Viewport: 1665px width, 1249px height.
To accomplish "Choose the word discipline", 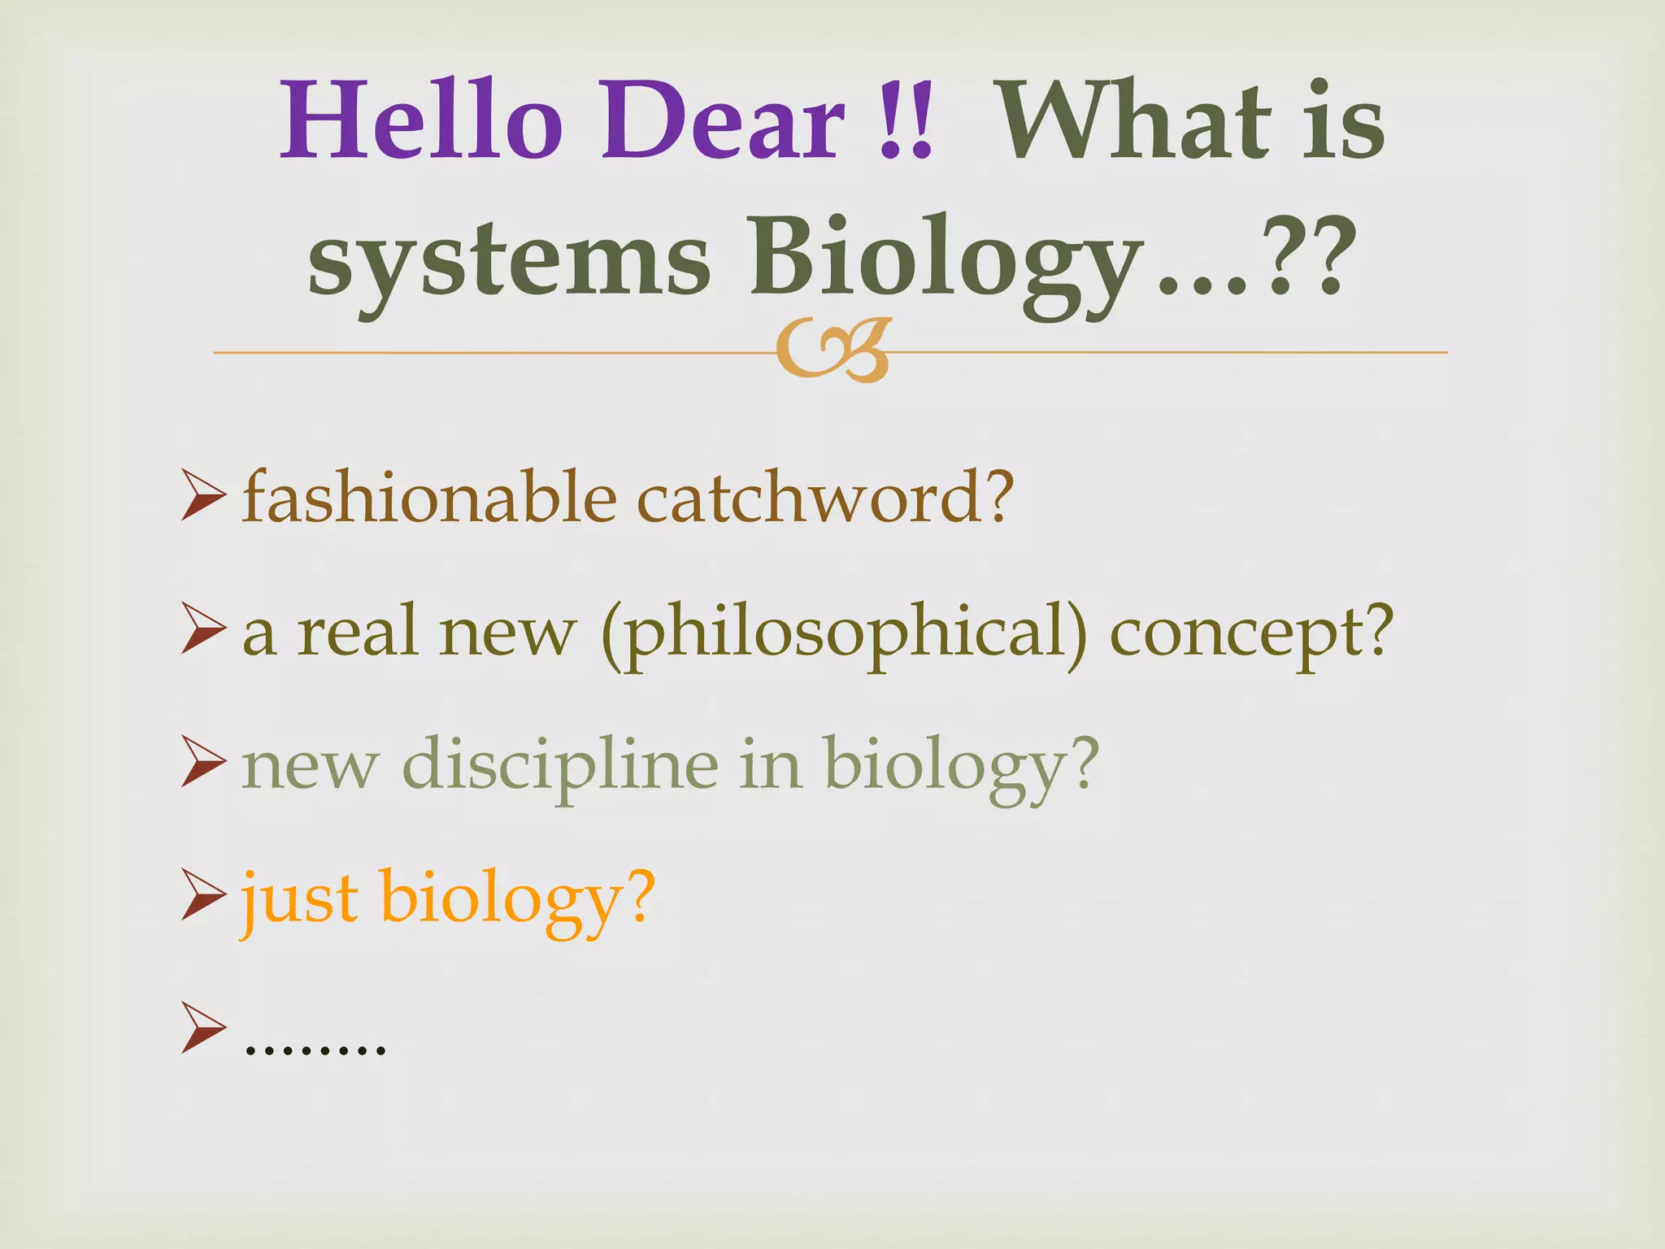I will click(x=561, y=765).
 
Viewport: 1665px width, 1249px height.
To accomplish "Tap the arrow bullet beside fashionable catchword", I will click(x=202, y=495).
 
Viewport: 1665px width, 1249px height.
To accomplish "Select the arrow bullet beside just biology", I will click(x=202, y=894).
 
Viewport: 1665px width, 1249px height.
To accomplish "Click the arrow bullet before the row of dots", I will click(x=202, y=1028).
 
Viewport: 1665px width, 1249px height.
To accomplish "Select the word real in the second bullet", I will click(x=358, y=633).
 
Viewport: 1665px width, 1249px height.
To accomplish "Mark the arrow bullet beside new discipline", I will click(x=202, y=761).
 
